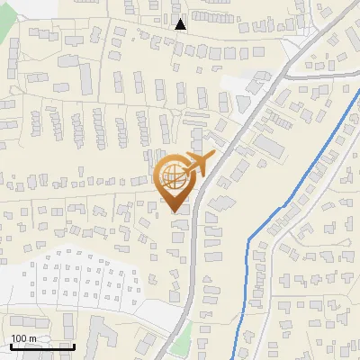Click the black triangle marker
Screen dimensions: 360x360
coord(181,24)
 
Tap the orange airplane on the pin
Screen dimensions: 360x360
coord(199,163)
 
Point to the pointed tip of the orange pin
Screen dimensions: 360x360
coord(175,211)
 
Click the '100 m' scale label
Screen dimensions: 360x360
coord(23,338)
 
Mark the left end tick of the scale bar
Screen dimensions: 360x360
coord(12,346)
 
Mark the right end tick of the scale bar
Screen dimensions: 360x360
coord(74,346)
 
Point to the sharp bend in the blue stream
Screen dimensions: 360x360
coord(249,237)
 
